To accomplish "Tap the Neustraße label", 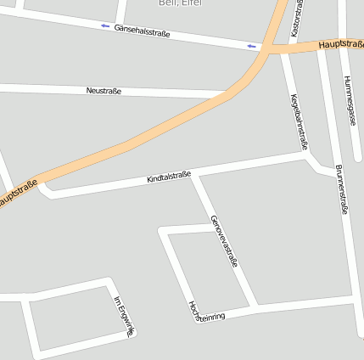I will [x=104, y=89].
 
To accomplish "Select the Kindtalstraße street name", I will [x=168, y=177].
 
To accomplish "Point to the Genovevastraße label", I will [x=224, y=241].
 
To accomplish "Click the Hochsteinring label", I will [x=207, y=311].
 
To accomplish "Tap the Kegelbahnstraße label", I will [x=300, y=121].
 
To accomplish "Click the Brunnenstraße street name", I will [x=342, y=188].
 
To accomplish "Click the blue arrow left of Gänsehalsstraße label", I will [x=105, y=26].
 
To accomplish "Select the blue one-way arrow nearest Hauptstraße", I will [x=250, y=45].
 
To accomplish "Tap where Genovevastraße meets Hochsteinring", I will [x=254, y=306].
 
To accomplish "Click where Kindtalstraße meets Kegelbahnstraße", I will [x=305, y=156].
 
